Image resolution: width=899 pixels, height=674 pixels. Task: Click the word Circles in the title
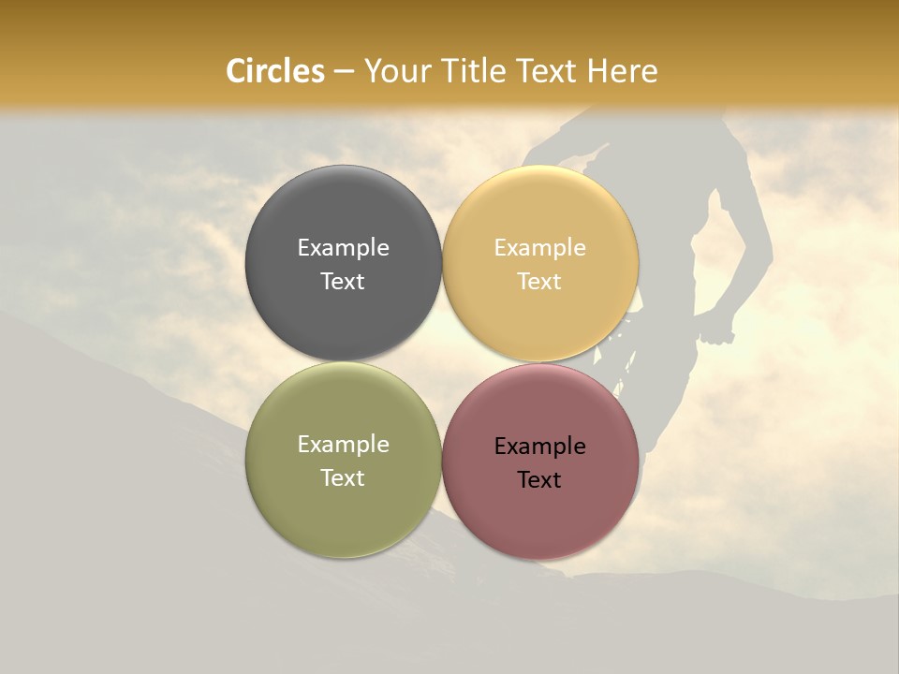[x=275, y=71]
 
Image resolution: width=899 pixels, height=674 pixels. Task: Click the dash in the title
[x=344, y=72]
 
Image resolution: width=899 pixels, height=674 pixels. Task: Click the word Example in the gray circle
[x=343, y=247]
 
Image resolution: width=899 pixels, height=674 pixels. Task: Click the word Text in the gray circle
[x=343, y=281]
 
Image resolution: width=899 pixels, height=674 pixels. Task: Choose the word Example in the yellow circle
[x=539, y=247]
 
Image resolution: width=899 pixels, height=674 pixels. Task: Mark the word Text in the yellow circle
[x=539, y=281]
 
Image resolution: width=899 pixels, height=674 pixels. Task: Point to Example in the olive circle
[x=343, y=444]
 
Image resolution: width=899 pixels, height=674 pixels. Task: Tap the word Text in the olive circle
[x=343, y=477]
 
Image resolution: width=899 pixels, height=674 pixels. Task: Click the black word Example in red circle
[x=539, y=446]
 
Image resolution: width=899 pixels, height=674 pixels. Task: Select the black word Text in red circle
[x=539, y=479]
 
